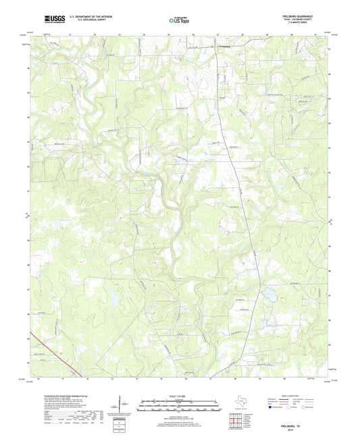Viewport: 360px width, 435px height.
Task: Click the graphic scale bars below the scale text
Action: coord(180,407)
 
